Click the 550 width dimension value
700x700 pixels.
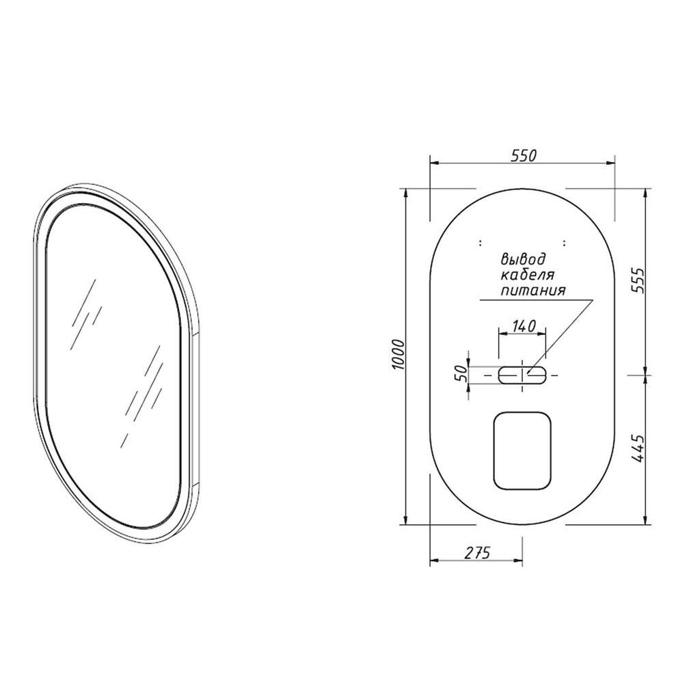[523, 156]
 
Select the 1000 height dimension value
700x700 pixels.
[399, 355]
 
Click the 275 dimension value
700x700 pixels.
[477, 552]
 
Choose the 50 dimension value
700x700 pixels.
[461, 373]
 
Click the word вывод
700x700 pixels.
[523, 259]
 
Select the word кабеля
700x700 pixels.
[528, 274]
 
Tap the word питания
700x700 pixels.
[533, 290]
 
